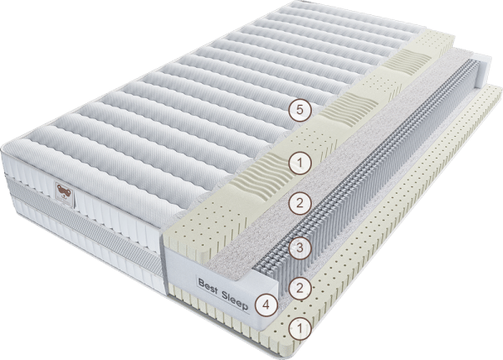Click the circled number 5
pyautogui.click(x=299, y=110)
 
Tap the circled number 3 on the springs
pyautogui.click(x=299, y=248)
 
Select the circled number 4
pyautogui.click(x=267, y=305)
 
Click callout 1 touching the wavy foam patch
pyautogui.click(x=299, y=163)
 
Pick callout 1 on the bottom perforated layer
pyautogui.click(x=299, y=328)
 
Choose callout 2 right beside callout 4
pyautogui.click(x=299, y=288)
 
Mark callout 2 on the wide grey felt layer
pyautogui.click(x=299, y=203)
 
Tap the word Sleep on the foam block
pyautogui.click(x=235, y=300)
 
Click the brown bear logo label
pyautogui.click(x=65, y=193)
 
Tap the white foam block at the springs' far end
pyautogui.click(x=484, y=71)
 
